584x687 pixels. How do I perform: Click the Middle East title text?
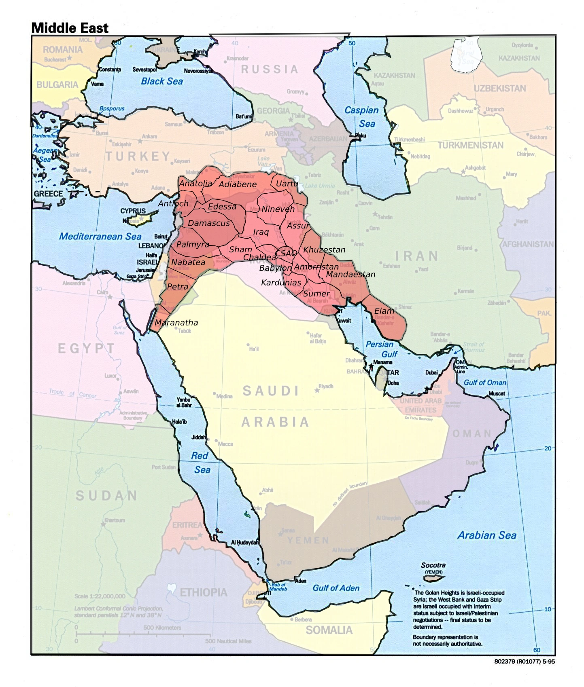[70, 28]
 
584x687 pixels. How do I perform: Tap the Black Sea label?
[161, 81]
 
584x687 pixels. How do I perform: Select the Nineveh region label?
[278, 209]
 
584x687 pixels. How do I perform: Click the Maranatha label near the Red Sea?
[176, 323]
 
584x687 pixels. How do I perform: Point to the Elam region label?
[384, 311]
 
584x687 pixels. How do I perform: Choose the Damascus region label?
[208, 223]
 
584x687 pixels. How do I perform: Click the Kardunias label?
[281, 283]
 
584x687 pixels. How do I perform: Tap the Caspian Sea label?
[361, 116]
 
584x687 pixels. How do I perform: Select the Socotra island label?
[433, 565]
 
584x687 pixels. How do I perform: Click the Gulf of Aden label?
[336, 588]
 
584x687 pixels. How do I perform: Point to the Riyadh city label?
[325, 386]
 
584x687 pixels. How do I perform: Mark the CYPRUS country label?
[133, 211]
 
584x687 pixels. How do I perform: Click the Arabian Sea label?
[486, 535]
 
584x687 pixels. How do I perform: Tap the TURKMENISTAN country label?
[470, 145]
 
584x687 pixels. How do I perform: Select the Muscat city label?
[496, 393]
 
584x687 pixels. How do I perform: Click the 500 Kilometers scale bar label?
[162, 628]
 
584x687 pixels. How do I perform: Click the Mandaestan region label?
[350, 275]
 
